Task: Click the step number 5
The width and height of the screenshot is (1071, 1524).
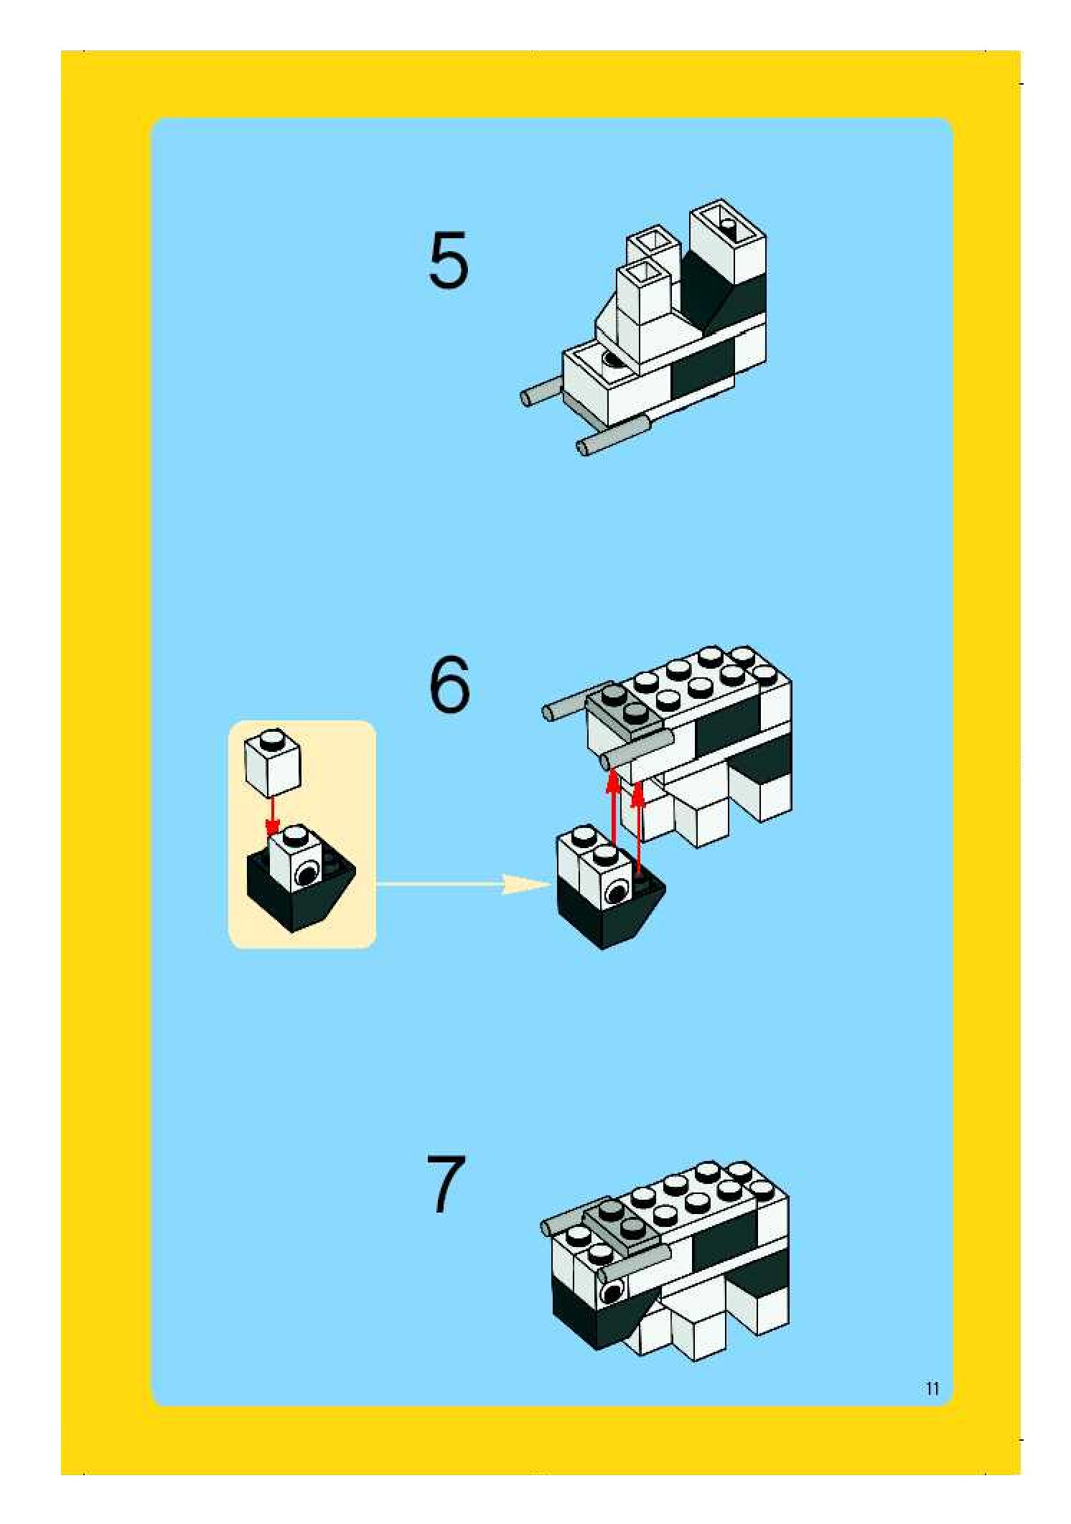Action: point(449,260)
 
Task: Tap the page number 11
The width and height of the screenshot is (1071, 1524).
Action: point(932,1388)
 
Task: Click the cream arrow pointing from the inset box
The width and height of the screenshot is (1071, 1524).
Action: point(463,884)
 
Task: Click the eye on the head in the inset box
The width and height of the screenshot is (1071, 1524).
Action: point(307,874)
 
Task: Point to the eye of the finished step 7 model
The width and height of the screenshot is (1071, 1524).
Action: point(612,1294)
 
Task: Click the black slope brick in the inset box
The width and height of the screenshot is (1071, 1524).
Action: point(301,890)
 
